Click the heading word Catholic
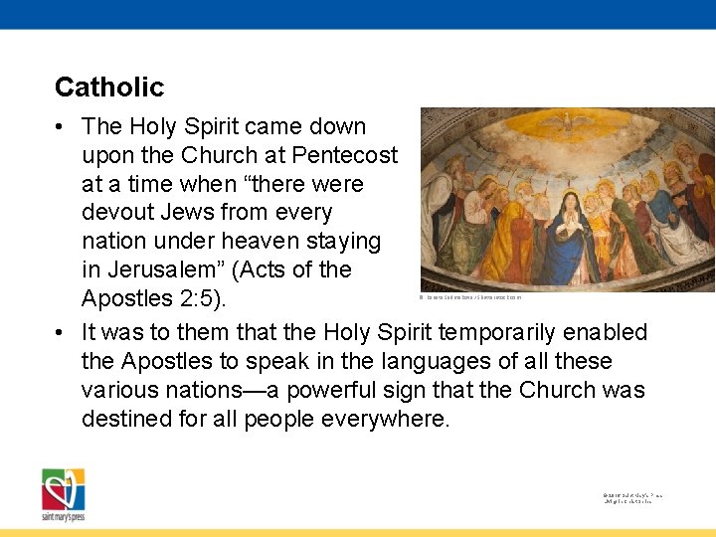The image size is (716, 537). (109, 88)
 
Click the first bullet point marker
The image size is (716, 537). (62, 127)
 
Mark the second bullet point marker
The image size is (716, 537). (62, 332)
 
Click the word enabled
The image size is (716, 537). (608, 332)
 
